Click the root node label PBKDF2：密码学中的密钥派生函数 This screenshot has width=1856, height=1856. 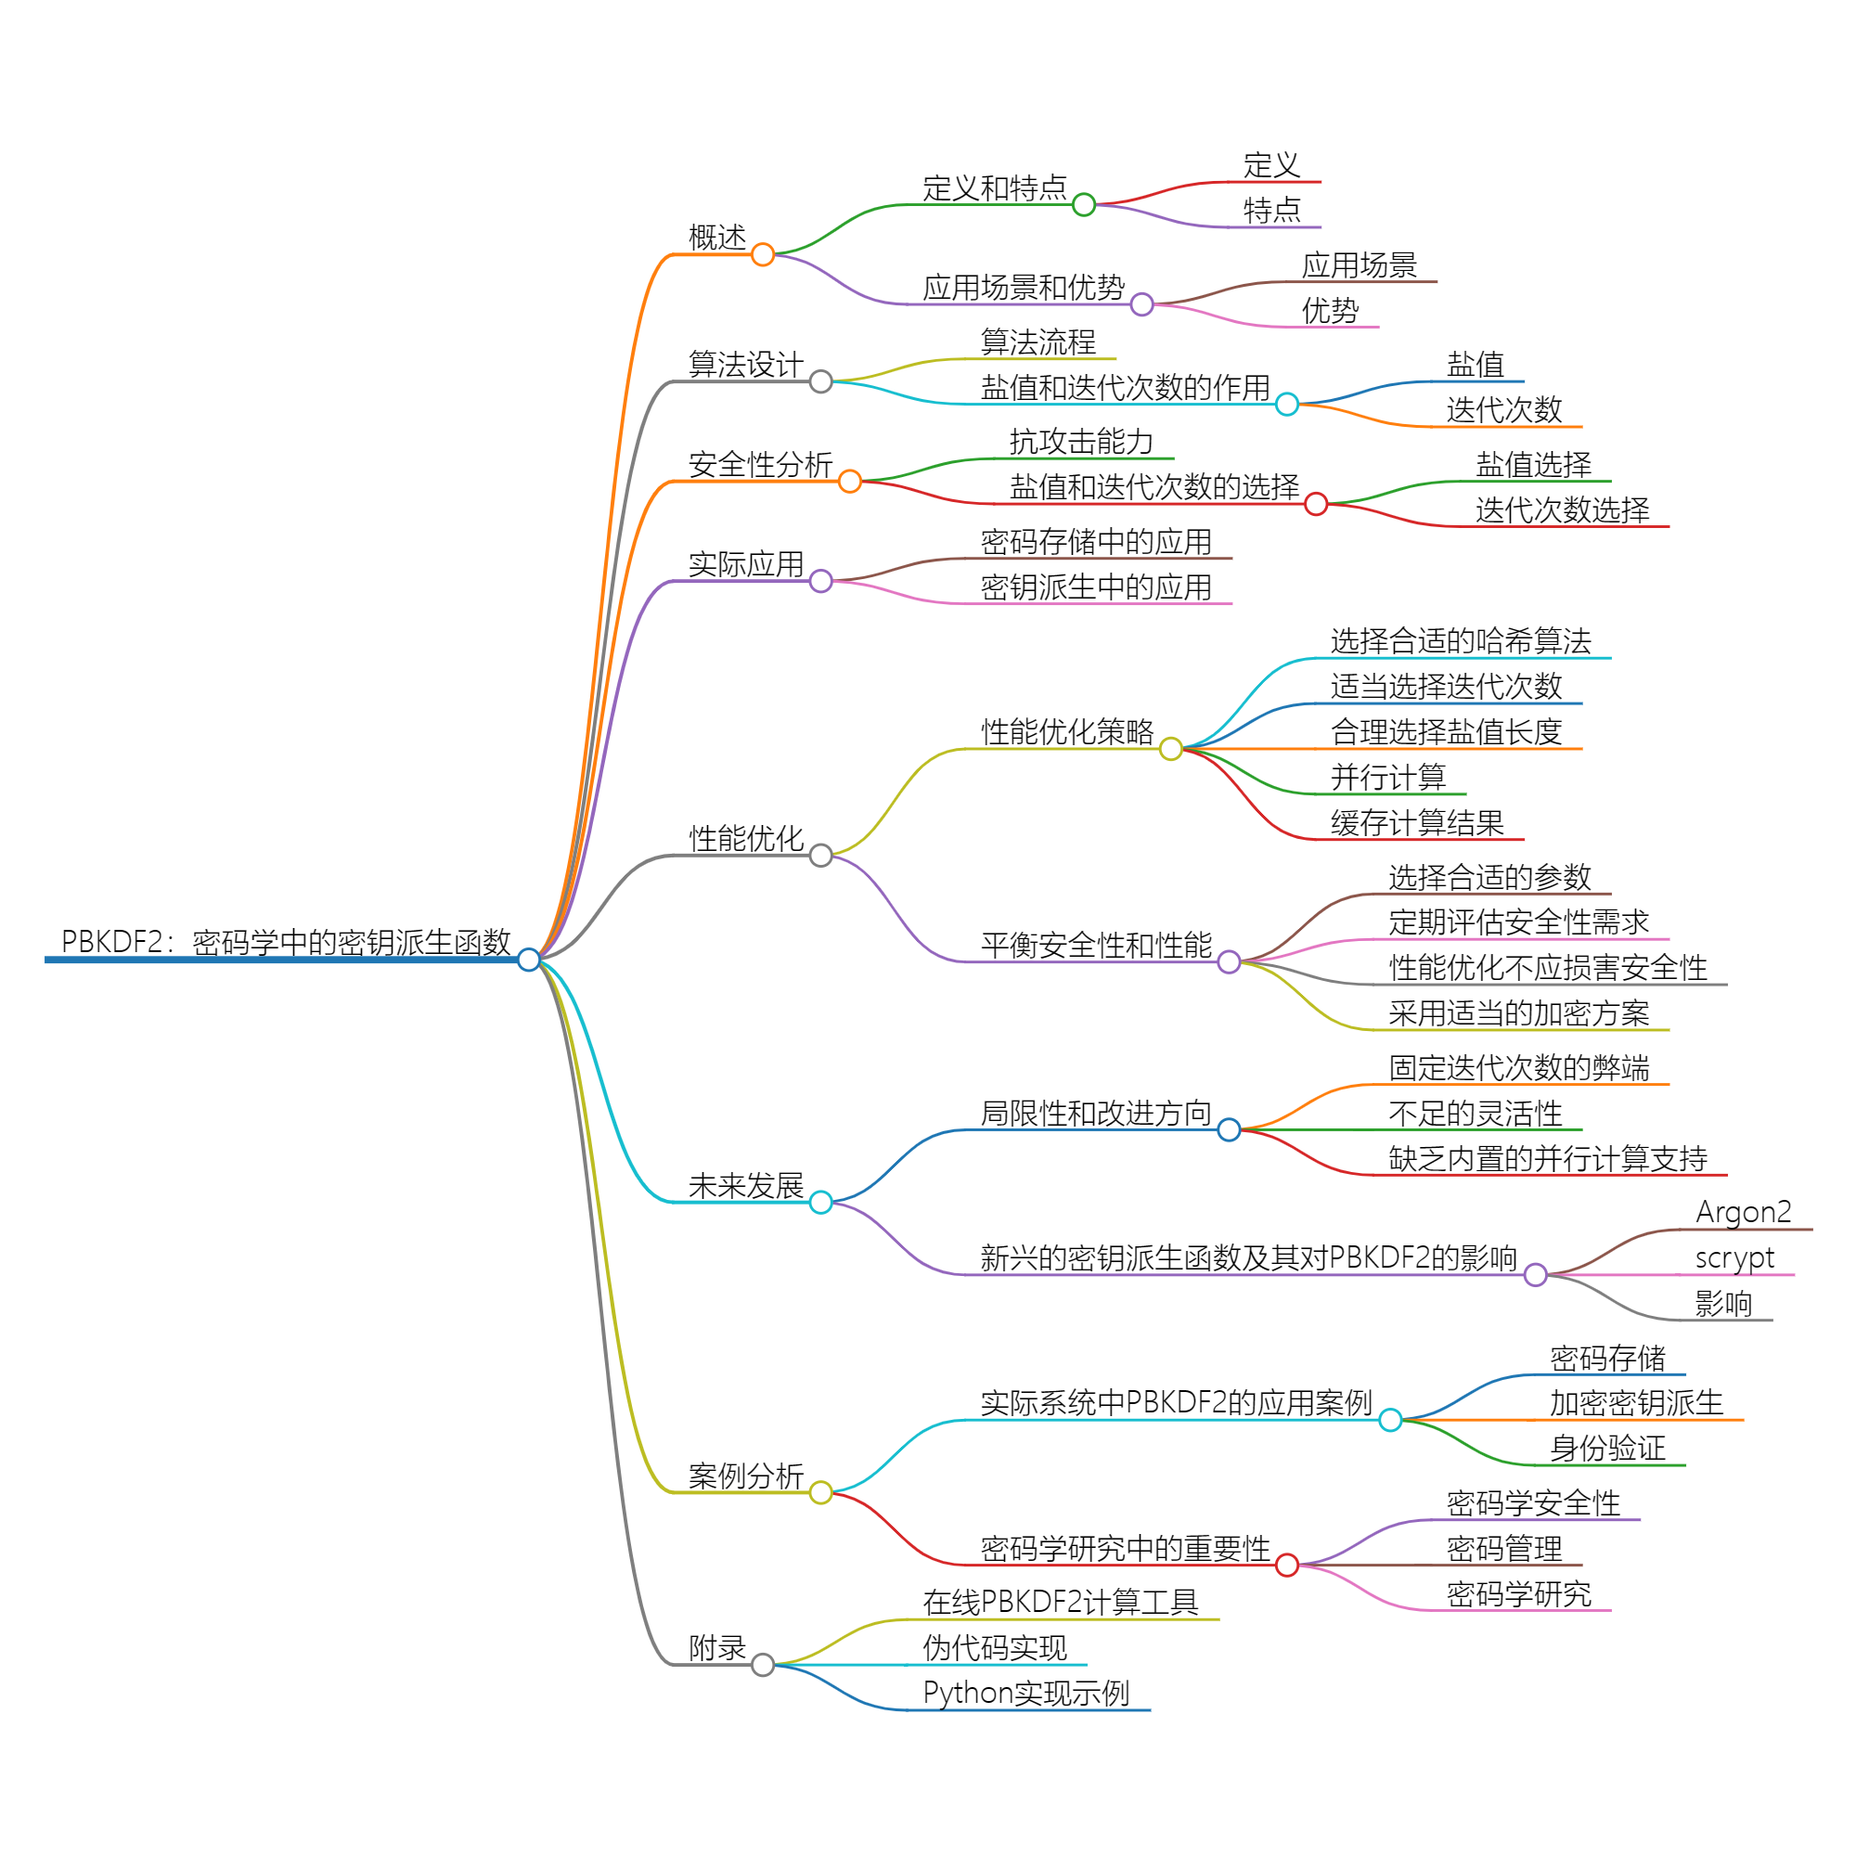285,943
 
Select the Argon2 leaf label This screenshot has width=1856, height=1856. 1744,1212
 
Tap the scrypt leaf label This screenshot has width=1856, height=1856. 1734,1257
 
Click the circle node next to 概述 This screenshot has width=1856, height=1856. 763,254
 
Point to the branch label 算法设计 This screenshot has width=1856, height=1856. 745,365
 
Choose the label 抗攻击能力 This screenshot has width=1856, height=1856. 1081,442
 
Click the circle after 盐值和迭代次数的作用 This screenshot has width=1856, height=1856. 1287,405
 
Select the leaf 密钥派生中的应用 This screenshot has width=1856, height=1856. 1096,587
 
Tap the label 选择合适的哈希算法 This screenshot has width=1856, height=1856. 1460,640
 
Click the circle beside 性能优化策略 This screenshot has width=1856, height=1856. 1171,748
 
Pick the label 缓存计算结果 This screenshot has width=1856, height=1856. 1417,823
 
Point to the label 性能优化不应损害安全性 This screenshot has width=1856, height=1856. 1548,967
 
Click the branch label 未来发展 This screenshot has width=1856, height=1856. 745,1186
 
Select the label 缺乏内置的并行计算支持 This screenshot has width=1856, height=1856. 1548,1158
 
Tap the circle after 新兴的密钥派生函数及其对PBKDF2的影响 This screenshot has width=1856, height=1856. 1536,1275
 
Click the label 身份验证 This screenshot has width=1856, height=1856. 1607,1448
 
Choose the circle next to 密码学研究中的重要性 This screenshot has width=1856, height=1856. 1287,1565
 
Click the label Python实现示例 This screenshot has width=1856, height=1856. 1026,1693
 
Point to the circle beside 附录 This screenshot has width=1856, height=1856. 763,1665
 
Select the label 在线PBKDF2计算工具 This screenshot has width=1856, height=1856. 1061,1602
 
